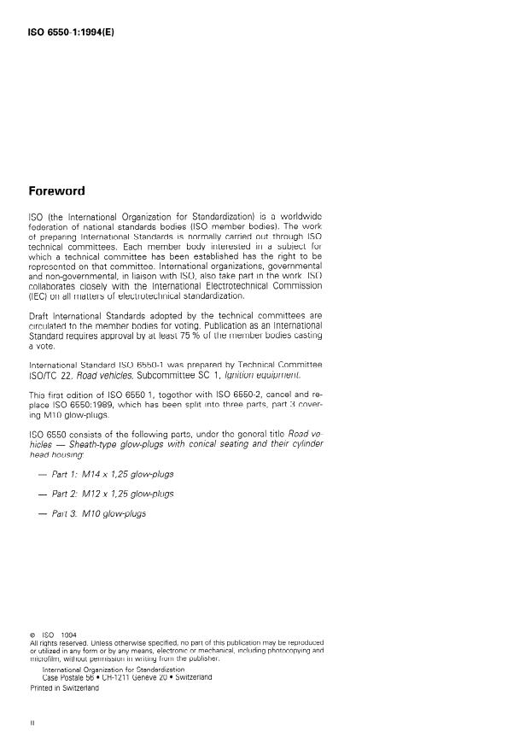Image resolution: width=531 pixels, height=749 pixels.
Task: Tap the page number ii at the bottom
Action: (x=32, y=723)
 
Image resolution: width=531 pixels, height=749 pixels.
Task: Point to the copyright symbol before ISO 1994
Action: (x=32, y=635)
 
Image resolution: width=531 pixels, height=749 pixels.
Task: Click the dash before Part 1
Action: (x=40, y=472)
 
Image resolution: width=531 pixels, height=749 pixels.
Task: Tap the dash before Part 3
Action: (x=40, y=513)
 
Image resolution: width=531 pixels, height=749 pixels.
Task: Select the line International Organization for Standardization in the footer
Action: (x=114, y=670)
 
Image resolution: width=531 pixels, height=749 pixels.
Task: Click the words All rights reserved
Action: (x=55, y=642)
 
